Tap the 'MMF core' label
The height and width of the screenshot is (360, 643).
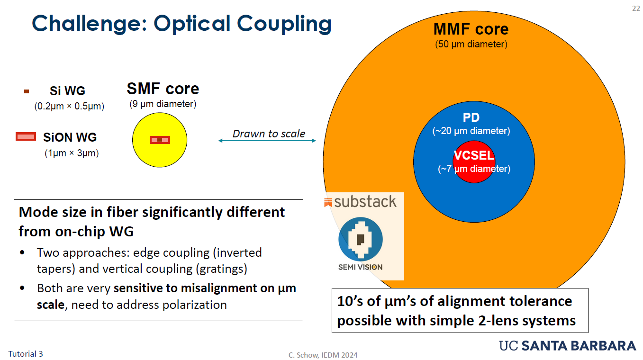tap(471, 29)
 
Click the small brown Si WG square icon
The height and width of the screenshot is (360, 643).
tap(27, 91)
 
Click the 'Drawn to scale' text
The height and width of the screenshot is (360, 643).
tap(269, 134)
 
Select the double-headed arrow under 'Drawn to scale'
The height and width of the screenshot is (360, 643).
tap(267, 141)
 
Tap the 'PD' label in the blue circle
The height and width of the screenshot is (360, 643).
tap(471, 118)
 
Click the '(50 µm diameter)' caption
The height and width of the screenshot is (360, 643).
tap(471, 45)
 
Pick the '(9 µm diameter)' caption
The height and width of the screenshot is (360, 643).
tap(163, 104)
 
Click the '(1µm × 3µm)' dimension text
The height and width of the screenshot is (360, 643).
tap(72, 153)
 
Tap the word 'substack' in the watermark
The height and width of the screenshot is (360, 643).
tap(365, 202)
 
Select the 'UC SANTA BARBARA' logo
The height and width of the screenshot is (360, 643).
tap(567, 345)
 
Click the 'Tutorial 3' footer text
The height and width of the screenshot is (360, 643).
tap(26, 353)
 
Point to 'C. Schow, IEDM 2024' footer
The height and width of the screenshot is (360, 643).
tap(323, 355)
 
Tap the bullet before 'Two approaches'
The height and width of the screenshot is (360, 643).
tap(23, 252)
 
